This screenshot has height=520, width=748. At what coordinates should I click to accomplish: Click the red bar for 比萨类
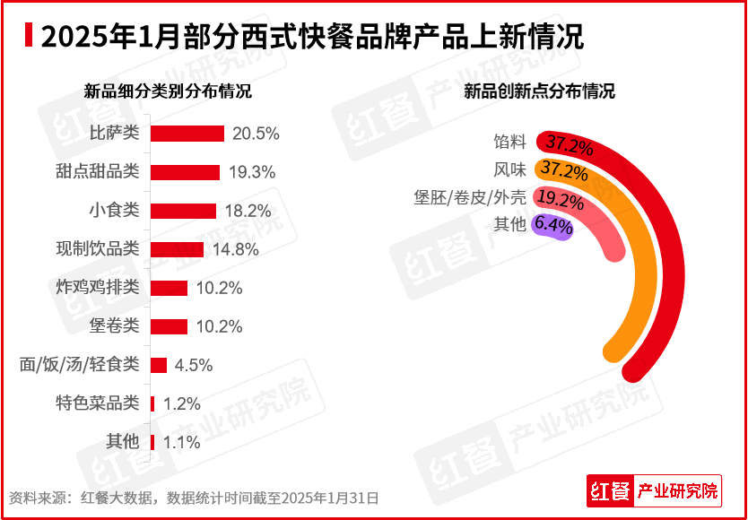tap(187, 134)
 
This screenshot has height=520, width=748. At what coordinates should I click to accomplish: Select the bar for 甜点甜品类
tap(185, 172)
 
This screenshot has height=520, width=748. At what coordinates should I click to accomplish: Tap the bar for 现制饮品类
tap(177, 249)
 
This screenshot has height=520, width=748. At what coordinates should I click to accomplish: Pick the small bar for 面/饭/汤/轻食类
tap(159, 365)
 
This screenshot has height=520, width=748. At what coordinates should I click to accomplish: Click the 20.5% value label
tap(256, 134)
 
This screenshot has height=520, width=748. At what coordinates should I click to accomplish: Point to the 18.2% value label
tap(248, 211)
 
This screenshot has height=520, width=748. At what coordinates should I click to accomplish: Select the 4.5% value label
tap(192, 365)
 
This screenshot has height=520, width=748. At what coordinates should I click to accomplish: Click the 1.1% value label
tap(181, 442)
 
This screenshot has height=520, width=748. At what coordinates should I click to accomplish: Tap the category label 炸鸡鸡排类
tap(97, 288)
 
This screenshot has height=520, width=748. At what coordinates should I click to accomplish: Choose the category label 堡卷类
tap(115, 326)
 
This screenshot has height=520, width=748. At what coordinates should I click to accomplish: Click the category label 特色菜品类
tap(97, 403)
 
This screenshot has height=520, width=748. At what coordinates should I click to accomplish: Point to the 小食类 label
tap(115, 211)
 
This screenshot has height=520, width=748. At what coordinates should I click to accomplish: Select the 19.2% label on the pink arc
tap(560, 200)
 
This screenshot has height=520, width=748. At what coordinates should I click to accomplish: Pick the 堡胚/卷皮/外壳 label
tap(470, 197)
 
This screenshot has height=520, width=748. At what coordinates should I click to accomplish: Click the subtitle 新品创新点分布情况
tap(539, 91)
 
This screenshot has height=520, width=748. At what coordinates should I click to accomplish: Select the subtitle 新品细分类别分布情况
tap(168, 91)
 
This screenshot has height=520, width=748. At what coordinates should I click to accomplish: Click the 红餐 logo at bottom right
tap(610, 491)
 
